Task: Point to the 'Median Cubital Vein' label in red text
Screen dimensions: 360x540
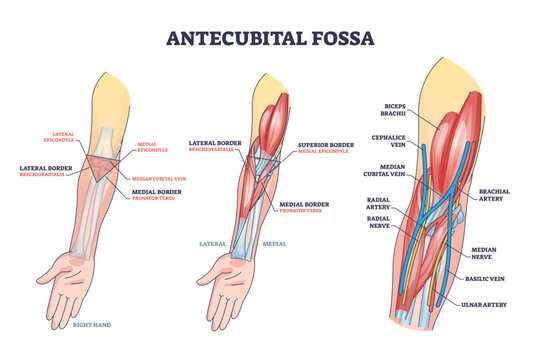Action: pos(159,179)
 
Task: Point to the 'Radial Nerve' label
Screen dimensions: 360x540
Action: pos(380,221)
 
